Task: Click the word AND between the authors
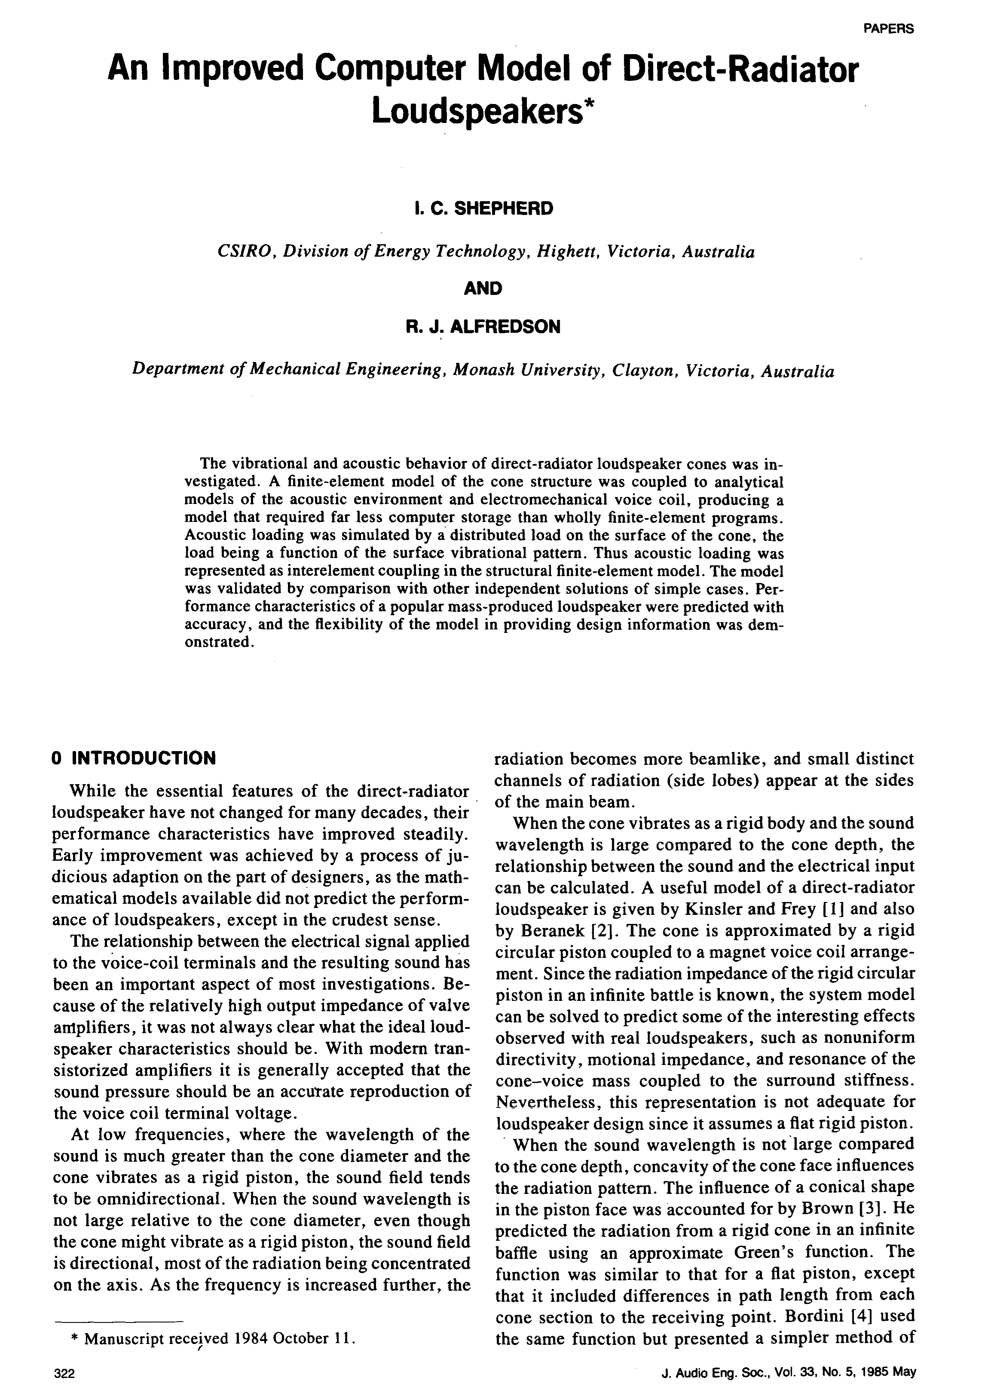[x=483, y=288]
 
